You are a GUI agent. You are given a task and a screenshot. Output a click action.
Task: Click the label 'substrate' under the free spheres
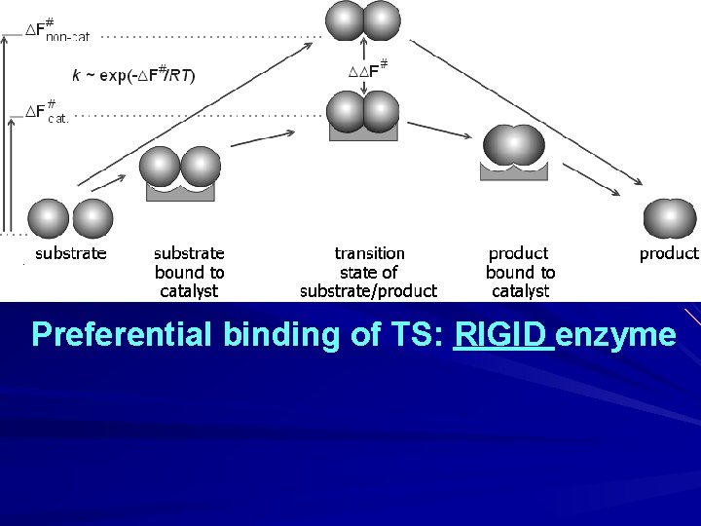click(x=71, y=253)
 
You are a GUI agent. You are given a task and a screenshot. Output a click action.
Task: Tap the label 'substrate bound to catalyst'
click(x=189, y=272)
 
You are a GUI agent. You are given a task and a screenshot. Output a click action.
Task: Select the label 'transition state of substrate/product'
click(x=369, y=272)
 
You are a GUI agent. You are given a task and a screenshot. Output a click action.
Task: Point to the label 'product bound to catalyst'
click(x=520, y=272)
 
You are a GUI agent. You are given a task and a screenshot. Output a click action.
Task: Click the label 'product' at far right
click(x=669, y=253)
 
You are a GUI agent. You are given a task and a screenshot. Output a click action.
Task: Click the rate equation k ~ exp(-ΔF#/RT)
click(x=133, y=74)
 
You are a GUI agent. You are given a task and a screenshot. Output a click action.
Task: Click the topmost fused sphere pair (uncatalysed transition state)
click(x=363, y=20)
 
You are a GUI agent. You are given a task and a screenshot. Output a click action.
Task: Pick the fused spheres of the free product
click(x=670, y=219)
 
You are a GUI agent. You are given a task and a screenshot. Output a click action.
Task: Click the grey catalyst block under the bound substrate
click(x=180, y=191)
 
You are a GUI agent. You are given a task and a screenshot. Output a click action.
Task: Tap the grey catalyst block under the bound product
click(x=514, y=171)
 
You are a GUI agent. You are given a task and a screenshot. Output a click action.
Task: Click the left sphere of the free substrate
click(x=49, y=219)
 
